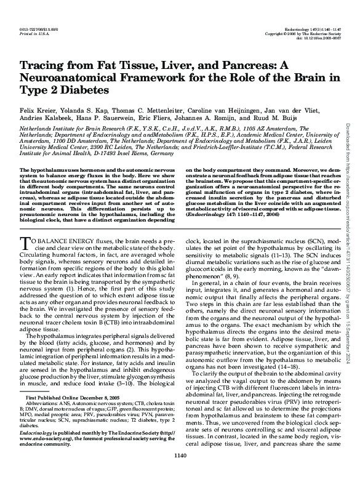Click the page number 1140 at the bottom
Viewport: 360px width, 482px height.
click(180, 473)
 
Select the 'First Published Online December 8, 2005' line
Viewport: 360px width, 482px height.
click(62, 399)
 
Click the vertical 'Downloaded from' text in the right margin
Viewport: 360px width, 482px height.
click(348, 142)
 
